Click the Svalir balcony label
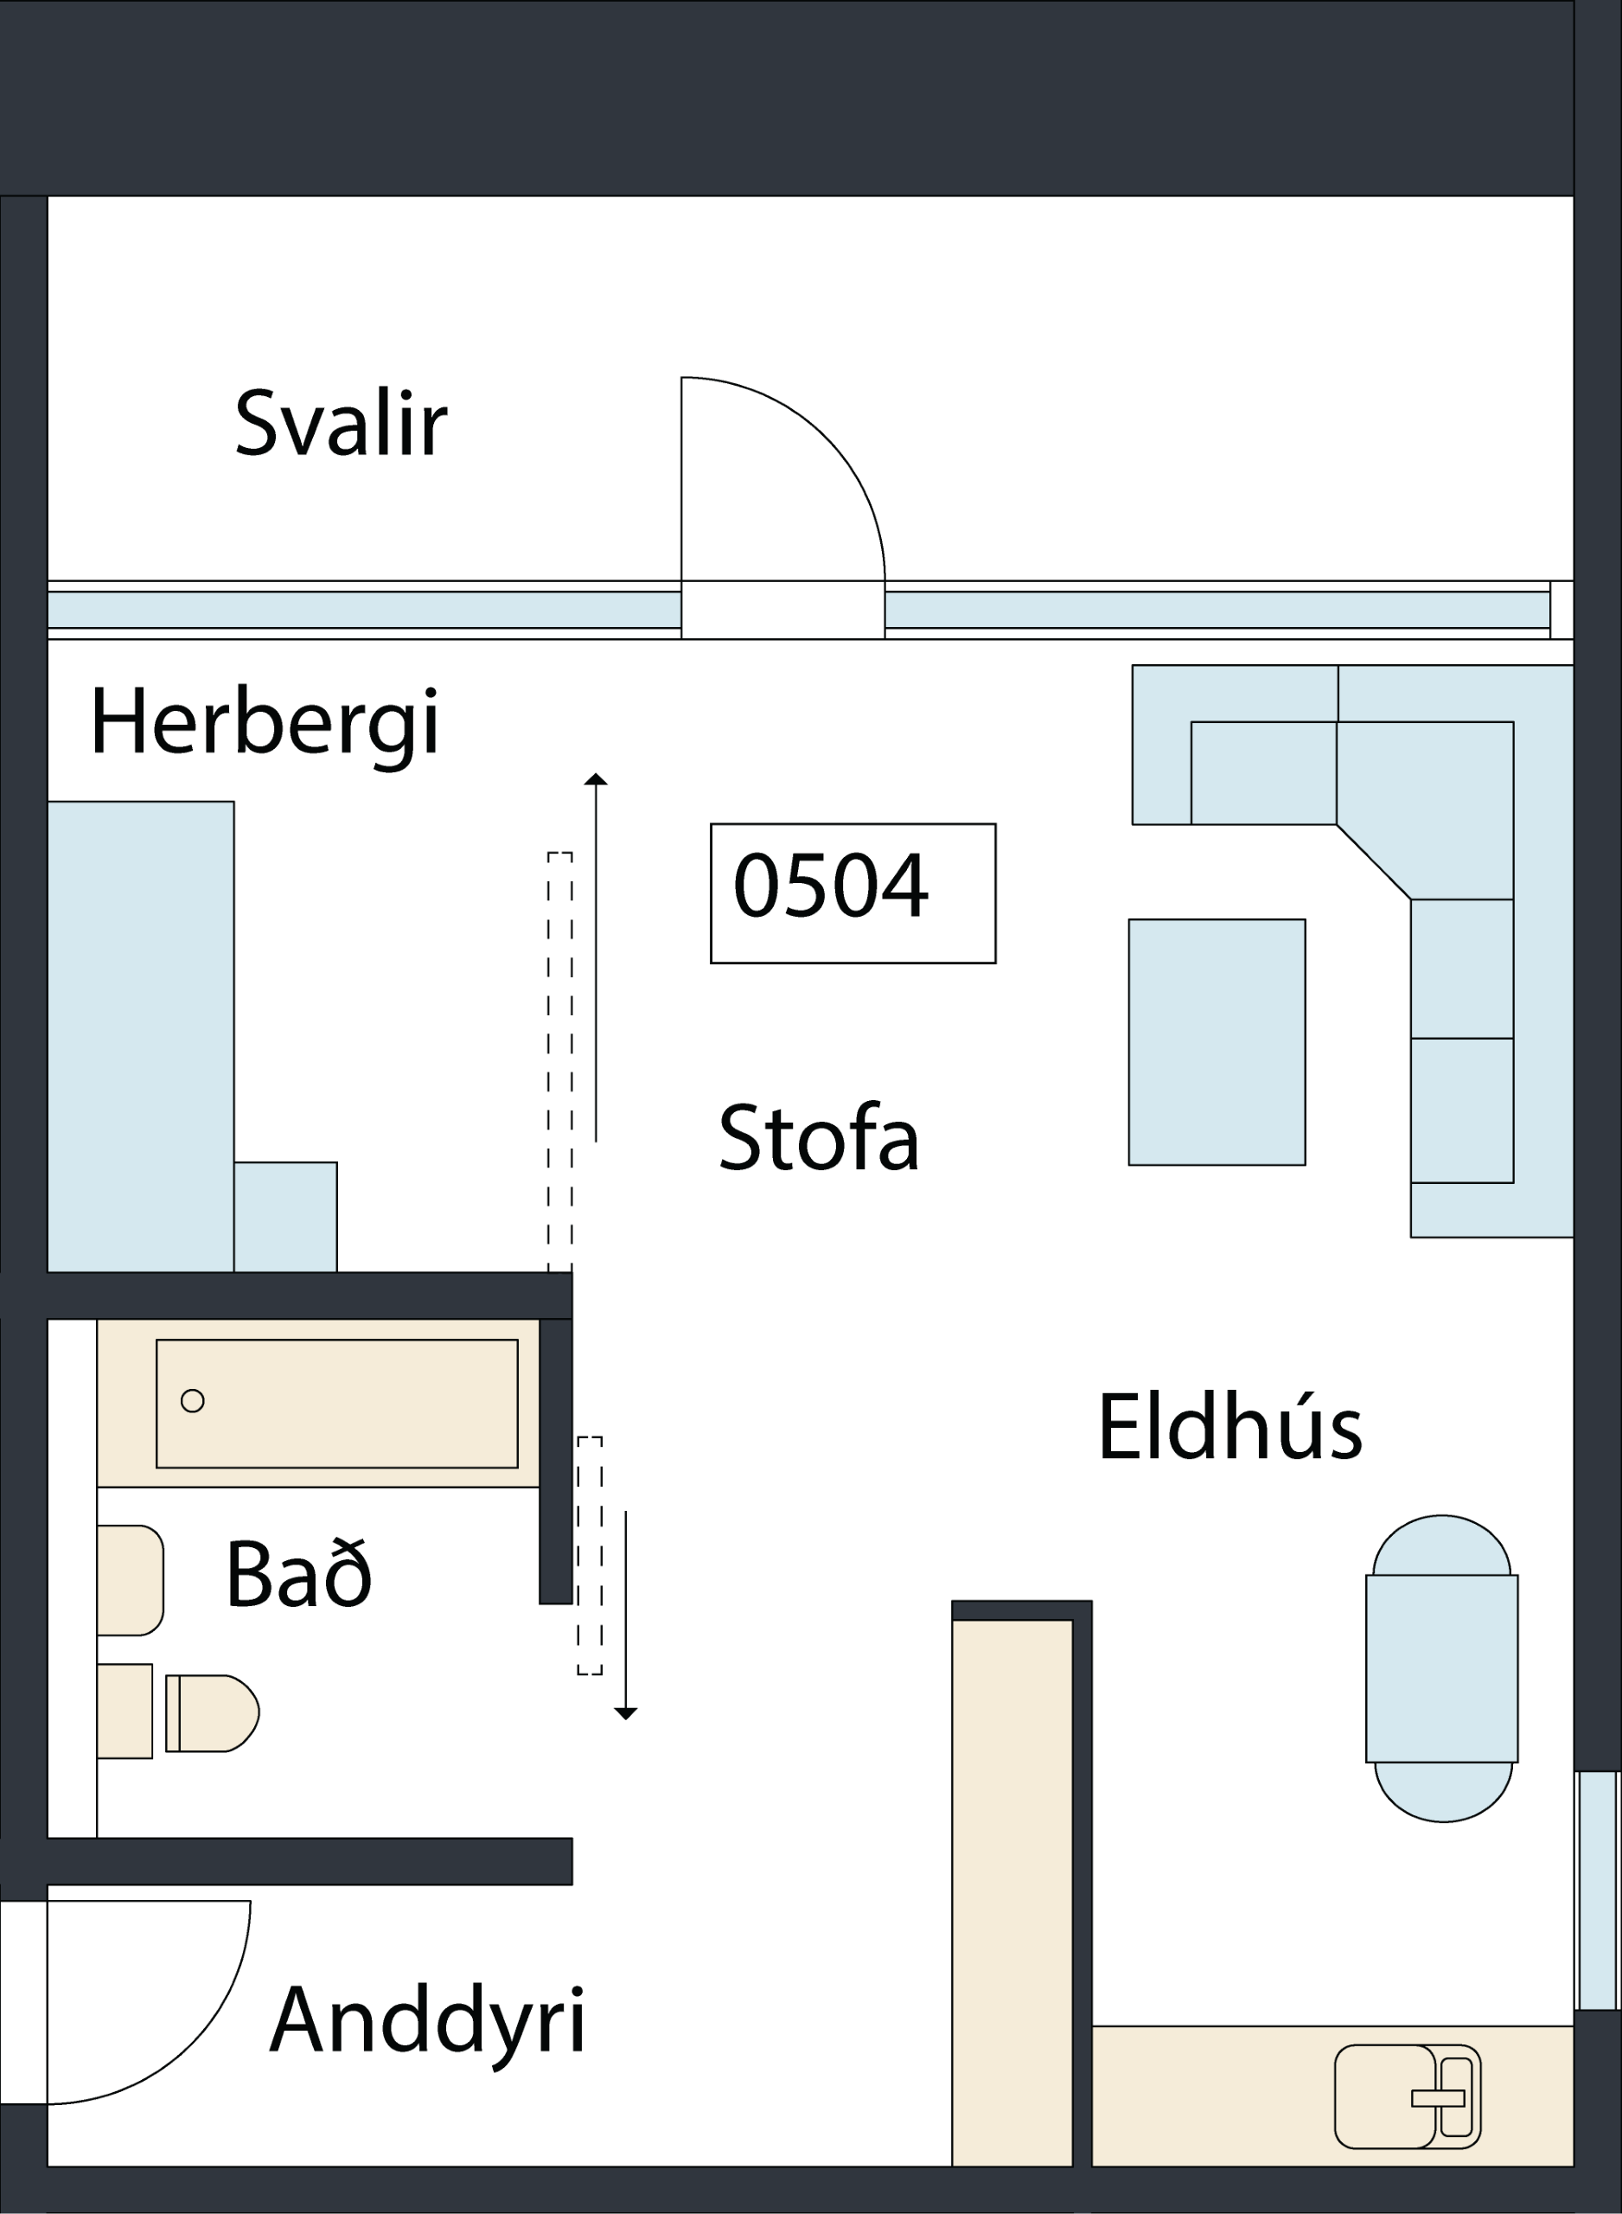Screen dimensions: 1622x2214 click(341, 423)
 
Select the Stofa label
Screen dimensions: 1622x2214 click(819, 1137)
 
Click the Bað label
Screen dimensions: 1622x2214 click(299, 1574)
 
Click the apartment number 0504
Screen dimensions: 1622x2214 click(831, 886)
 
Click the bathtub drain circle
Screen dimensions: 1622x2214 click(193, 1401)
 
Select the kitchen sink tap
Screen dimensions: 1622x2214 click(1439, 2099)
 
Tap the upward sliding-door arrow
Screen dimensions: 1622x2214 click(596, 958)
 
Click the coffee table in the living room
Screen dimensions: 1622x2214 click(1217, 1043)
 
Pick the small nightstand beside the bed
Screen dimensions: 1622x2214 click(285, 1218)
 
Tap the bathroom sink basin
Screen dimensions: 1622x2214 click(130, 1581)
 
